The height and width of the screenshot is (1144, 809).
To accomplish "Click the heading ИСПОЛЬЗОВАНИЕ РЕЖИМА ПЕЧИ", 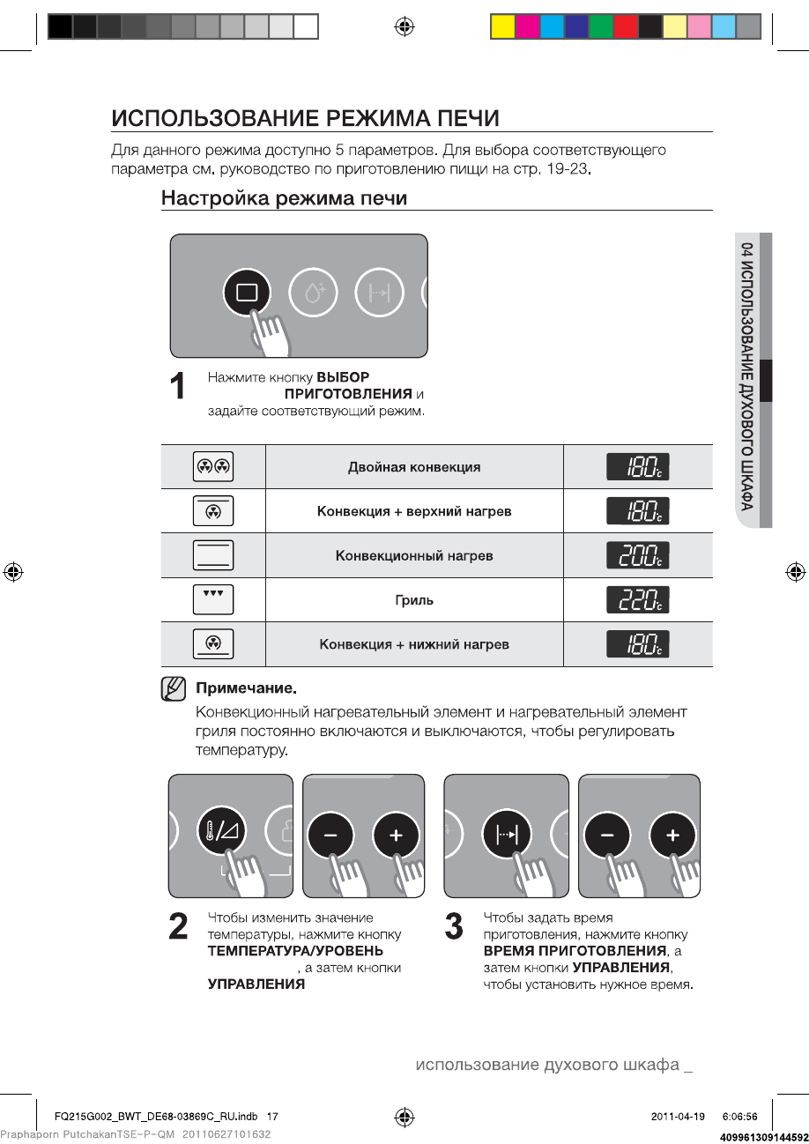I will coord(305,118).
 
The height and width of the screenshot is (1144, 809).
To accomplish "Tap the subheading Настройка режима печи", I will coord(284,198).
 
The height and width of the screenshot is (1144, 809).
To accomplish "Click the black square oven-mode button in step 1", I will coord(248,293).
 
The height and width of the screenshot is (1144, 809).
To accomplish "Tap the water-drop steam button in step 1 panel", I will coord(314,293).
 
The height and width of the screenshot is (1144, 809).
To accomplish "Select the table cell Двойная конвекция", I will coord(414,467).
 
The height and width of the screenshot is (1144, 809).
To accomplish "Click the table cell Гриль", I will coord(414,600).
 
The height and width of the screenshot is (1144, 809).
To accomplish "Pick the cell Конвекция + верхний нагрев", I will coord(414,511).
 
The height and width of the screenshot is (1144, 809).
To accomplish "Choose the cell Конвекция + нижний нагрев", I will coord(414,644).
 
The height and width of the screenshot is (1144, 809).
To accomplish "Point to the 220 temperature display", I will coord(637,600).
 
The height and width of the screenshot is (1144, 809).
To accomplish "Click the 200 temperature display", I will coord(637,556).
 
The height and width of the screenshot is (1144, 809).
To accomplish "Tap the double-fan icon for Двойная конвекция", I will coord(213,467).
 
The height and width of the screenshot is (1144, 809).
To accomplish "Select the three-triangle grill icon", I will coord(213,599).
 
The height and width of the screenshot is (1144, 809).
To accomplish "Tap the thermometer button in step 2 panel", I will coord(222,832).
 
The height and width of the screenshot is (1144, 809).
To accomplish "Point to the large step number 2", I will coord(178,926).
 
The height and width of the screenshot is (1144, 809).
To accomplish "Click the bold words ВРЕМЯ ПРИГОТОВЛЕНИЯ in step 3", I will coord(575,951).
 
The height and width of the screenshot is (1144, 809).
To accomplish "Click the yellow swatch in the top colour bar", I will coord(502,27).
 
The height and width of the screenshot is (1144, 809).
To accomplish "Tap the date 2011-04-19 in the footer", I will coord(678,1116).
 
